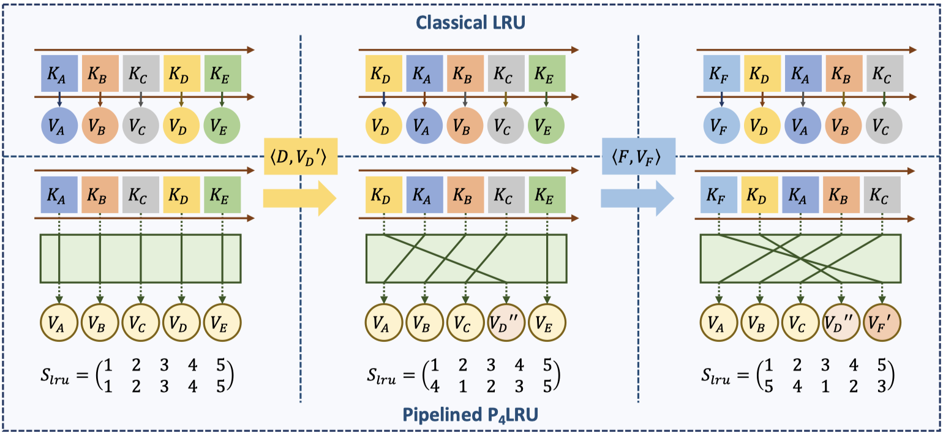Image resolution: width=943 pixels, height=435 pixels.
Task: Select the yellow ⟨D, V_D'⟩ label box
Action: (x=300, y=157)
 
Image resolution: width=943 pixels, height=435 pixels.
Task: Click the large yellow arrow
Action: (x=300, y=198)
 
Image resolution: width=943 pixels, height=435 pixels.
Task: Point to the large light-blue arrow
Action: (x=637, y=198)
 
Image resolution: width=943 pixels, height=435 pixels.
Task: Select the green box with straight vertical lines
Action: (x=141, y=258)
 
